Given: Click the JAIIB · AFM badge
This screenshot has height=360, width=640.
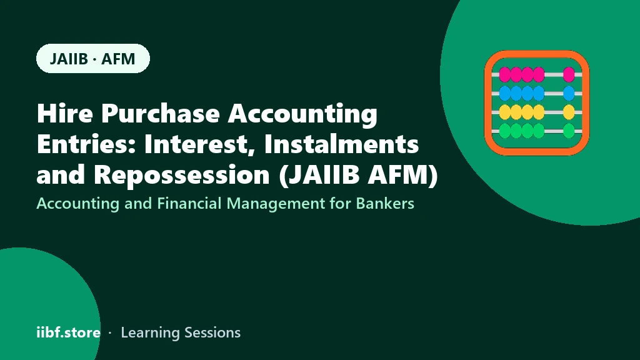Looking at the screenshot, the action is (x=93, y=58).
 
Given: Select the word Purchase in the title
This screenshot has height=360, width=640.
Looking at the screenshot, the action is (x=161, y=113).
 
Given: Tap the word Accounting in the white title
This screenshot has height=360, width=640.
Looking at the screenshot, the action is (x=302, y=114).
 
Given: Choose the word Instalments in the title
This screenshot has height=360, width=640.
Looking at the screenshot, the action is (x=341, y=144).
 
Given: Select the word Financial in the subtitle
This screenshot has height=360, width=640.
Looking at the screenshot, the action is (x=190, y=203).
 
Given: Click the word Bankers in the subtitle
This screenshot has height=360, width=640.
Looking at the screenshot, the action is (x=385, y=203).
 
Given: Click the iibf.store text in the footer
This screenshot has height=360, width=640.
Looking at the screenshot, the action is (x=69, y=332).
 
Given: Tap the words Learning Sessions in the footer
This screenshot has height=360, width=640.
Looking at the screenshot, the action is (x=181, y=333).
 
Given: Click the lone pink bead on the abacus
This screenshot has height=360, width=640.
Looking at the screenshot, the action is (x=569, y=75).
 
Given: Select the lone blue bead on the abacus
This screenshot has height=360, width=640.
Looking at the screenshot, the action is (x=569, y=94).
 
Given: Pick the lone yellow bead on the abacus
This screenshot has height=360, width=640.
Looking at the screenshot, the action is (x=569, y=112).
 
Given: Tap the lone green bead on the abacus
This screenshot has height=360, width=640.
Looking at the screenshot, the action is (x=569, y=131).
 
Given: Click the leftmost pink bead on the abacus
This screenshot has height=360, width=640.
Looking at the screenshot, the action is (x=505, y=75).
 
